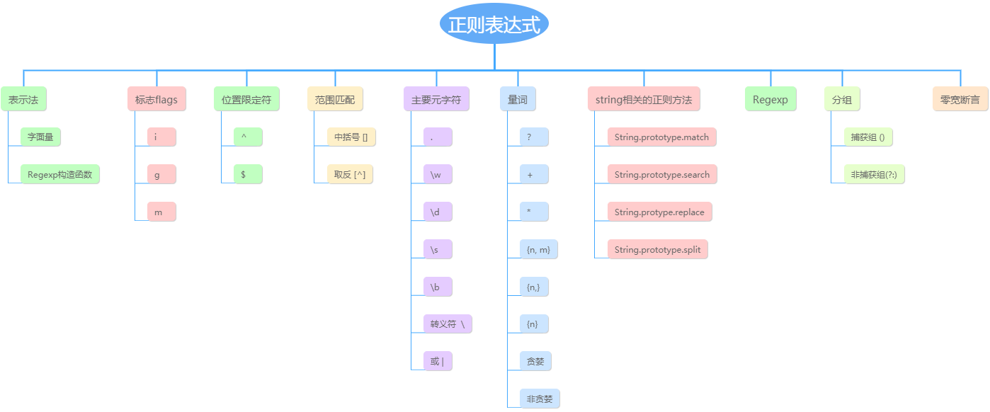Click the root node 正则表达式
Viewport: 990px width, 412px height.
point(494,25)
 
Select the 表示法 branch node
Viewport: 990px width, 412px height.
point(23,100)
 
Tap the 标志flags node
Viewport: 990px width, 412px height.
point(157,100)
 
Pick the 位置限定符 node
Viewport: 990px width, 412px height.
point(246,100)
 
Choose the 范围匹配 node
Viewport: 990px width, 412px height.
point(335,100)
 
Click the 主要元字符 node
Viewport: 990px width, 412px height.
point(436,100)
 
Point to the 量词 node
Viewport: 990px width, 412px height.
point(517,100)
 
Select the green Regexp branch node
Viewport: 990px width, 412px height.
point(770,100)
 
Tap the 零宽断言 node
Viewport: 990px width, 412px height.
point(960,100)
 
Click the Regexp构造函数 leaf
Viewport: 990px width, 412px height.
point(60,174)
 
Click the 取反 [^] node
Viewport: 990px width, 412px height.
point(350,174)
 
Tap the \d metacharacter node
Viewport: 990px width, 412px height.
point(436,212)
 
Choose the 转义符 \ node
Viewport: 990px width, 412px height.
point(448,324)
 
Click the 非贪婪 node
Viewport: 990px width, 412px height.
point(539,399)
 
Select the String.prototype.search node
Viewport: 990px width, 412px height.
point(661,174)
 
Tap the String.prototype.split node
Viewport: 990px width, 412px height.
point(657,249)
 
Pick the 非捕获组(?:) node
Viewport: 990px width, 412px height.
point(875,174)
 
